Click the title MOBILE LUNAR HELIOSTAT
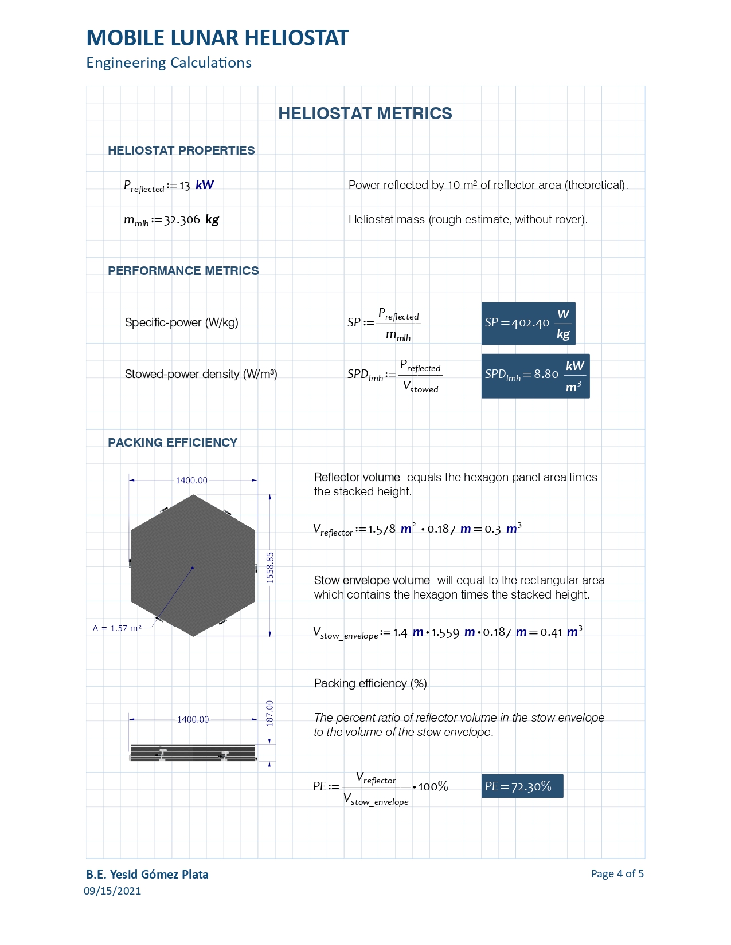click(x=217, y=38)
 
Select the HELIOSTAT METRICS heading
click(x=365, y=113)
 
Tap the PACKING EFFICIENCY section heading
click(x=173, y=443)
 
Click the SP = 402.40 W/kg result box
click(x=528, y=324)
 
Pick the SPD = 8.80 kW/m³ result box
click(x=535, y=376)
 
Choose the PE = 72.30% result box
click(x=522, y=786)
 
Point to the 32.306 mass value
click(x=182, y=220)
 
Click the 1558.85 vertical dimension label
click(x=270, y=567)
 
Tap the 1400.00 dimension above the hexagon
click(x=191, y=481)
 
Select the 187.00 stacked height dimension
click(x=270, y=713)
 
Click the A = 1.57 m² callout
click(x=117, y=628)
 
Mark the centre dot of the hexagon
click(x=193, y=568)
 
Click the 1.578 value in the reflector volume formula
click(x=382, y=529)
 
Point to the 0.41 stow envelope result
click(x=551, y=632)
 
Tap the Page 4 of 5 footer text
click(x=617, y=874)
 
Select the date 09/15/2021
click(x=112, y=891)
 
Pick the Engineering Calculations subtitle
click(x=169, y=63)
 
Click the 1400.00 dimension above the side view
click(x=193, y=720)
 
